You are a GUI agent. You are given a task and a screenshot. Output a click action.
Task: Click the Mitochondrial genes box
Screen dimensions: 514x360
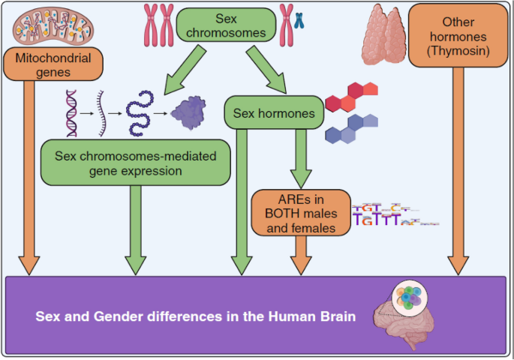pyautogui.click(x=53, y=64)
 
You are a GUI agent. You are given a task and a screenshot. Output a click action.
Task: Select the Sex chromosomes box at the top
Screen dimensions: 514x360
pyautogui.click(x=226, y=25)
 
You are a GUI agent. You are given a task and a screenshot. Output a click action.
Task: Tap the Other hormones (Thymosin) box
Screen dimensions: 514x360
pyautogui.click(x=458, y=35)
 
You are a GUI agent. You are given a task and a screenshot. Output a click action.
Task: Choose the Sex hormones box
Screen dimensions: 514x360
pyautogui.click(x=274, y=112)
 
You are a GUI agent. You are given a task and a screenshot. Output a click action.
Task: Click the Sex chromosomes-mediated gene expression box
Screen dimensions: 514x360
pyautogui.click(x=135, y=163)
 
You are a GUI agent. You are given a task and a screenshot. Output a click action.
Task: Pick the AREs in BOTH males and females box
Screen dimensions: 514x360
pyautogui.click(x=301, y=212)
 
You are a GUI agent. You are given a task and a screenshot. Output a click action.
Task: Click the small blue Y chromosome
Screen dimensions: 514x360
pyautogui.click(x=299, y=20)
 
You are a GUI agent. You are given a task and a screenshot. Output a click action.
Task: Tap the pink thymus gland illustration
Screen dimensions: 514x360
pyautogui.click(x=384, y=34)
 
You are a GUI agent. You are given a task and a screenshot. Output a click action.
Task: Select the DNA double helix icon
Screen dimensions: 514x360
pyautogui.click(x=71, y=113)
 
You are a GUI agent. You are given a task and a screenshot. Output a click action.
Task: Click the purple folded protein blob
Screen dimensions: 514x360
pyautogui.click(x=188, y=113)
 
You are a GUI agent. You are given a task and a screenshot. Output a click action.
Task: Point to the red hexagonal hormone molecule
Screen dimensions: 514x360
pyautogui.click(x=351, y=97)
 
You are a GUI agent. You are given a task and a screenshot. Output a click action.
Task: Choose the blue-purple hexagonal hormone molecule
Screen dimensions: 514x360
pyautogui.click(x=351, y=128)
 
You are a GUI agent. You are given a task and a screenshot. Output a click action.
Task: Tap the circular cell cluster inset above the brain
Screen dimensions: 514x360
pyautogui.click(x=410, y=298)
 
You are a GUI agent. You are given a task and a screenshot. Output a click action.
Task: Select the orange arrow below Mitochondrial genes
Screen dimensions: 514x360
pyautogui.click(x=29, y=178)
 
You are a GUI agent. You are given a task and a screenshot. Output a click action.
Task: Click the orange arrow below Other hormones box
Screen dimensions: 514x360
pyautogui.click(x=458, y=171)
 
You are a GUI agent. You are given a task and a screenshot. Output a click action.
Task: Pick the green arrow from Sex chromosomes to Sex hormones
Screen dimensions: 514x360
pyautogui.click(x=266, y=70)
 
